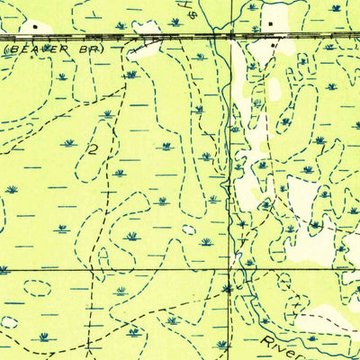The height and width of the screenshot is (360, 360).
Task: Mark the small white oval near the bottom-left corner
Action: (x=9, y=321)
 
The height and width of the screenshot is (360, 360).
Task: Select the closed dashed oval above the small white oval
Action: (x=38, y=288)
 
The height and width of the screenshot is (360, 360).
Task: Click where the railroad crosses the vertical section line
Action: (x=229, y=34)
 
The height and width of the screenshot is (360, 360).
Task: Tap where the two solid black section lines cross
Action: (x=229, y=268)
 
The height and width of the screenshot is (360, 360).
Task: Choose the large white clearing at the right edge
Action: (x=315, y=238)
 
